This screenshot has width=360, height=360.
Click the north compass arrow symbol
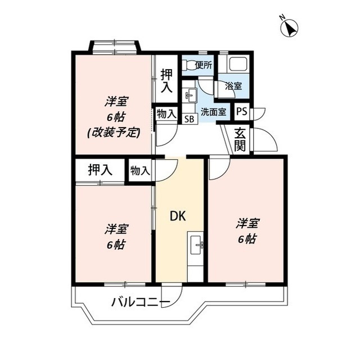[290, 28]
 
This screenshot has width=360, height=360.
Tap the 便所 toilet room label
[204, 65]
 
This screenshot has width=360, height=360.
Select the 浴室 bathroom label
[233, 86]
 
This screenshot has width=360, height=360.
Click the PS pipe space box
[241, 111]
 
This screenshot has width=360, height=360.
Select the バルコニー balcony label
[140, 303]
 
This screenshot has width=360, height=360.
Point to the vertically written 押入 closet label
[166, 80]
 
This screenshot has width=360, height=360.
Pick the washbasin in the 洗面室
[190, 96]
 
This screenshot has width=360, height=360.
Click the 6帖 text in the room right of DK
[246, 238]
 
